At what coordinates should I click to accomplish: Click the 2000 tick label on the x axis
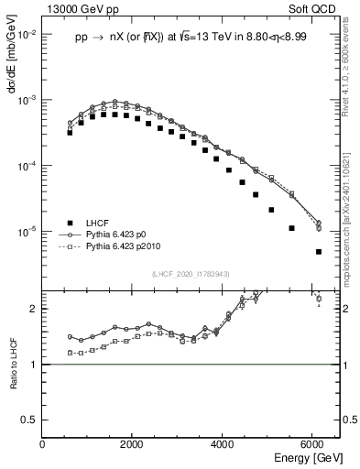(x=134, y=445)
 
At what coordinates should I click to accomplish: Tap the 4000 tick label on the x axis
(x=224, y=445)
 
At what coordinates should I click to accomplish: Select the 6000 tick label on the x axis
(x=314, y=445)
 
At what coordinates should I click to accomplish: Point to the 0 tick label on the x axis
(x=43, y=445)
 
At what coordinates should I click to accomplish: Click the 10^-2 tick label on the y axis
(x=28, y=34)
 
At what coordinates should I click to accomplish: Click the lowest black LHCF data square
(x=318, y=252)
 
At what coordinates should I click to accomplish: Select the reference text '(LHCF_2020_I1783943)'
(x=191, y=275)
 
